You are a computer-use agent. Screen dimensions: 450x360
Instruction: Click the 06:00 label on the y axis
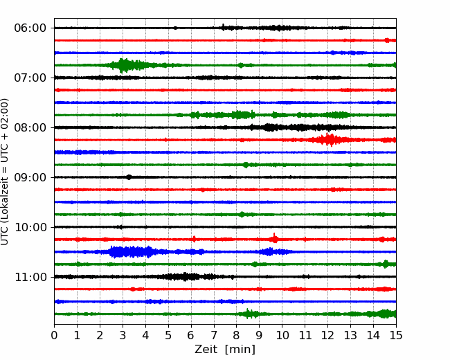coord(30,28)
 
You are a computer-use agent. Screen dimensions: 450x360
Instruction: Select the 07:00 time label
coord(30,78)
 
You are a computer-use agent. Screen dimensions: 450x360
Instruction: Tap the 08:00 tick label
coord(30,127)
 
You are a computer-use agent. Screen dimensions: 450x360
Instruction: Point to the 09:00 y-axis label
coord(30,177)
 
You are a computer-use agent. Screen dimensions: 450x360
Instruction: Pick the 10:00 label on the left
coord(30,227)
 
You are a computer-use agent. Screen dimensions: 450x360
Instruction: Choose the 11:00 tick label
coord(30,277)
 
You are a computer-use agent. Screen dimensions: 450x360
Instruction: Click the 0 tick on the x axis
coord(54,335)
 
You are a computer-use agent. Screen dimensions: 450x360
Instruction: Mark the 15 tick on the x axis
coord(396,335)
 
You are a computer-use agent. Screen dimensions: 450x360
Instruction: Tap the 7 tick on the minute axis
coord(214,335)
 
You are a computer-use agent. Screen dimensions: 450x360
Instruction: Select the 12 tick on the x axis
coord(327,335)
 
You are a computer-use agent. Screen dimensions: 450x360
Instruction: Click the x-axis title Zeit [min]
coord(225,350)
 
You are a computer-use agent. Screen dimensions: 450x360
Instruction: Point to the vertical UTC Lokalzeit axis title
coord(5,172)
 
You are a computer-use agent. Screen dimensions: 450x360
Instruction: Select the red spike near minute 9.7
coord(275,238)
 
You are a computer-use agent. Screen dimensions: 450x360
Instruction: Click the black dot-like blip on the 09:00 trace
coord(129,177)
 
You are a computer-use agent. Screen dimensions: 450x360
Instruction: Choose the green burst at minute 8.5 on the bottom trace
coord(249,314)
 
